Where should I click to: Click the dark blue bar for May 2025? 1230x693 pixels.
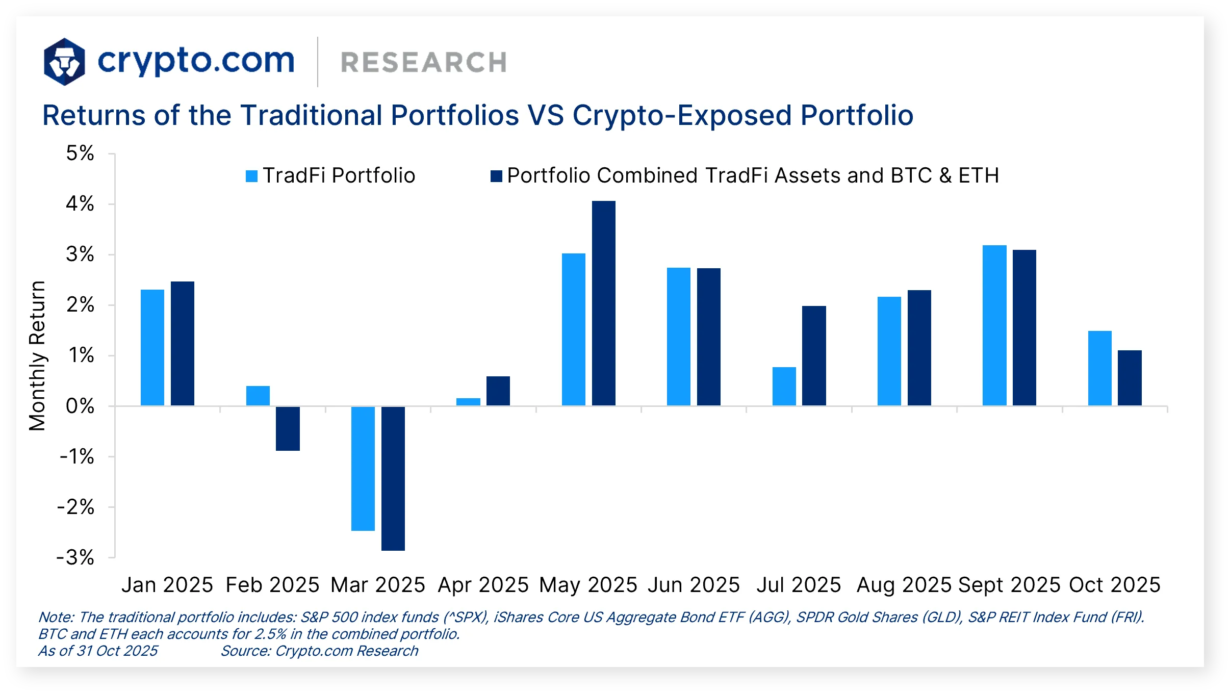click(x=603, y=303)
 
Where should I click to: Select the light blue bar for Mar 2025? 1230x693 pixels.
click(x=363, y=468)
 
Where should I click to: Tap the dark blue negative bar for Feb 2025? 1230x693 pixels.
click(x=288, y=428)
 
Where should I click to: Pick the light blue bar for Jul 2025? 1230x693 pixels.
click(x=784, y=386)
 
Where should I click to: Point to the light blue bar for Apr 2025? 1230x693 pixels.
click(x=468, y=402)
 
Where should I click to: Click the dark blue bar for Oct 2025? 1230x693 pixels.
click(x=1130, y=378)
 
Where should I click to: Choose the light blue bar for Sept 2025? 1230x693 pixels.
click(x=994, y=325)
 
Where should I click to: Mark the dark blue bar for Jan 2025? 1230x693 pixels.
click(x=183, y=343)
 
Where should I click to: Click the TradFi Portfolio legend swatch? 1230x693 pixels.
click(x=251, y=176)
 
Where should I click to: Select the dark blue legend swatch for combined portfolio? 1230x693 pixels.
click(x=496, y=176)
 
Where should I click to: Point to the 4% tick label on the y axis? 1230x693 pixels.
click(x=80, y=204)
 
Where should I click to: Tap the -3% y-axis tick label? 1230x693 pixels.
click(x=75, y=557)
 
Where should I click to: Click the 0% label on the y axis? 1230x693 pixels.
click(x=80, y=406)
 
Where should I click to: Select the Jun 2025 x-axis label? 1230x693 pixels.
click(x=694, y=585)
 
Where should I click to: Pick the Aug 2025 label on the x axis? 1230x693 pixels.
click(x=904, y=585)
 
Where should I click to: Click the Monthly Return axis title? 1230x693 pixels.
click(x=37, y=355)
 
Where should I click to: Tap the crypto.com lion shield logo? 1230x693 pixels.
click(x=64, y=62)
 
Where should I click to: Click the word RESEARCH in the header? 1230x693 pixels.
click(x=423, y=63)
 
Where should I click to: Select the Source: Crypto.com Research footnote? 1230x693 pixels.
click(x=319, y=651)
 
